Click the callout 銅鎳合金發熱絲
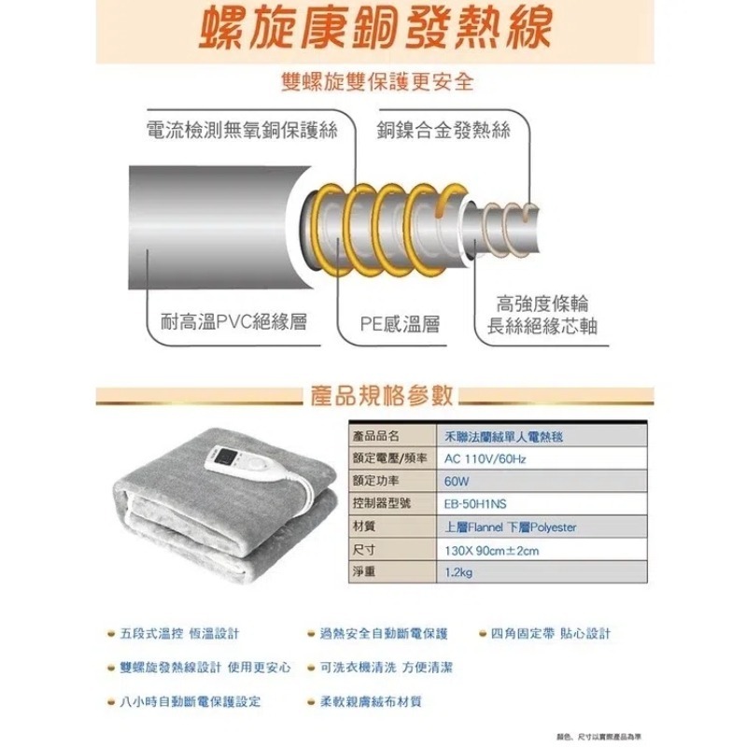click(444, 130)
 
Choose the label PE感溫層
click(401, 323)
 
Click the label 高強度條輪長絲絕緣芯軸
click(543, 315)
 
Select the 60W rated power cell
click(457, 481)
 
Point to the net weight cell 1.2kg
click(459, 572)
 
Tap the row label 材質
click(365, 527)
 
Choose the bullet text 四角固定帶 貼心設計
click(550, 634)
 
